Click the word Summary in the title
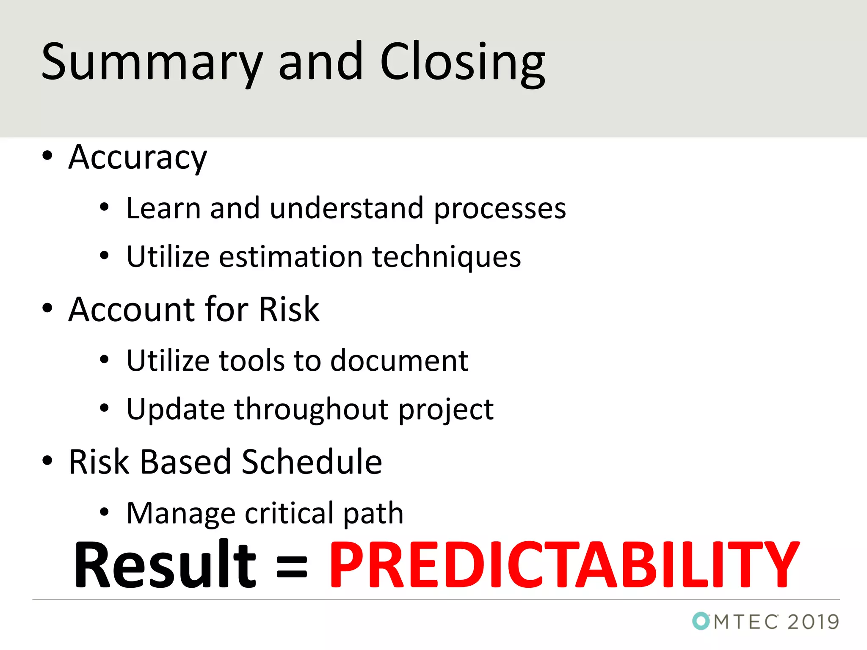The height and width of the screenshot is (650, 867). (x=152, y=63)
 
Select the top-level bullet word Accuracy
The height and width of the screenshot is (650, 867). (x=138, y=157)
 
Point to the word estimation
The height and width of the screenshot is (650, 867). (x=291, y=257)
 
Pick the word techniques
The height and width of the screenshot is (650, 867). (x=447, y=257)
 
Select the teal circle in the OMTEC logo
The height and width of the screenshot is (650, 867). (x=701, y=621)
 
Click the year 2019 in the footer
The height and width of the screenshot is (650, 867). (x=813, y=622)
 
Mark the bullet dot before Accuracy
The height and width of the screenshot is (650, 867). (x=47, y=156)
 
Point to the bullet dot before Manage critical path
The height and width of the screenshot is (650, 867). (x=104, y=512)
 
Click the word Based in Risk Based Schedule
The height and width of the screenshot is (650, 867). (x=185, y=462)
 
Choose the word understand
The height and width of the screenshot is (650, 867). (x=346, y=209)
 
